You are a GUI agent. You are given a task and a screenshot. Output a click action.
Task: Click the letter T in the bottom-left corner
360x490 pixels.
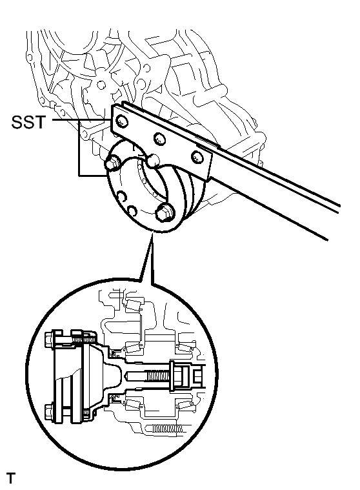(10, 478)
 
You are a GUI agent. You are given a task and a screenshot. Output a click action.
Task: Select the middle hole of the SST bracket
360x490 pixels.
(156, 138)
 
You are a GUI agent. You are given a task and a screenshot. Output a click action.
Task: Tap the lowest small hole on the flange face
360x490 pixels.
(132, 210)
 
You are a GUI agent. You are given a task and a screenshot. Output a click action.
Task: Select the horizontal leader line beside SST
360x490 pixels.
(77, 121)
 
